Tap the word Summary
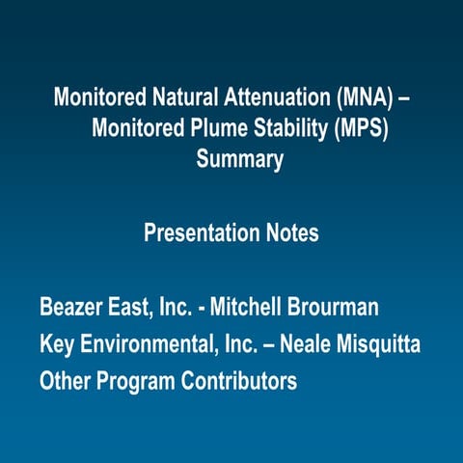click(x=240, y=159)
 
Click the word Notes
click(x=291, y=233)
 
